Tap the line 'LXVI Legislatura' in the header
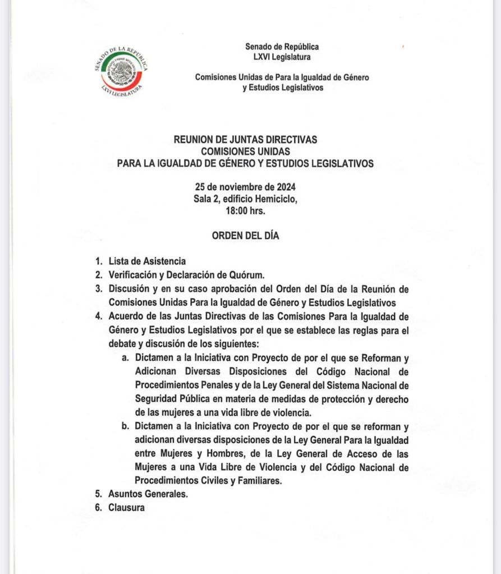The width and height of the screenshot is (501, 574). pyautogui.click(x=282, y=57)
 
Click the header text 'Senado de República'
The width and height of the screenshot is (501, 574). pyautogui.click(x=282, y=47)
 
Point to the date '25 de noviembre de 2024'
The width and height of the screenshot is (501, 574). pyautogui.click(x=245, y=187)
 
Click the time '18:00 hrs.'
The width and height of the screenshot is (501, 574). pyautogui.click(x=245, y=211)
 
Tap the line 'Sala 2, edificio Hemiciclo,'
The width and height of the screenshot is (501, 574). pyautogui.click(x=245, y=199)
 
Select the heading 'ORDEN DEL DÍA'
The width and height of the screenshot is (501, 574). pyautogui.click(x=245, y=236)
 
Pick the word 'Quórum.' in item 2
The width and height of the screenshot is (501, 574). pyautogui.click(x=256, y=274)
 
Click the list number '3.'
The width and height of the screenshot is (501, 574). pyautogui.click(x=99, y=289)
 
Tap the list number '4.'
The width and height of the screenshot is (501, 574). pyautogui.click(x=99, y=316)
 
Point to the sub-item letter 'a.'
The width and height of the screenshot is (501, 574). pyautogui.click(x=126, y=358)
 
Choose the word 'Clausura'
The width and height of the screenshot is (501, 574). pyautogui.click(x=127, y=508)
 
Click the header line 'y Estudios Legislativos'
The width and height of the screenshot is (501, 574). pyautogui.click(x=283, y=88)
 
